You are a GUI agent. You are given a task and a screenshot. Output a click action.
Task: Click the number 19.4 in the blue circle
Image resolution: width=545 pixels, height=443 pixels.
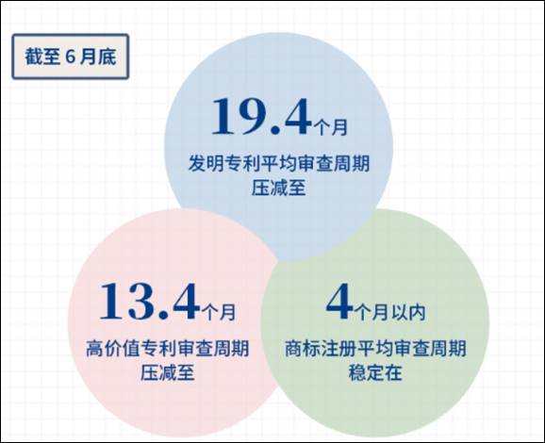click(260, 116)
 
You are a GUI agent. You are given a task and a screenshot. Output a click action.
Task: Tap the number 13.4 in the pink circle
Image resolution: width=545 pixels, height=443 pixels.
click(150, 301)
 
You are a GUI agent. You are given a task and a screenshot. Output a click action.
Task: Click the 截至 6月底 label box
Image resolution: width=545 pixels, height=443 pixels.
click(71, 57)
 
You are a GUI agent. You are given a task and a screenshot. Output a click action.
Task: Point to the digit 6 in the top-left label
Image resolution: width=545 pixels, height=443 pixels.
click(70, 57)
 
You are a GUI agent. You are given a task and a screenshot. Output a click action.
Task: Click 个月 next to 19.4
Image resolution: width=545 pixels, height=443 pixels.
click(330, 127)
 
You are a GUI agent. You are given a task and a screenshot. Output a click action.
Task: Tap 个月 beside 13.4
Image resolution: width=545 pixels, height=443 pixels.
click(219, 312)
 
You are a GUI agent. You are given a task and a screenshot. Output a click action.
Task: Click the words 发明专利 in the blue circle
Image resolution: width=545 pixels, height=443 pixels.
click(223, 163)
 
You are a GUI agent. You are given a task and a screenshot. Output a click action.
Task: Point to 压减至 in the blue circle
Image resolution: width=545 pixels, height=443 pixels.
click(279, 188)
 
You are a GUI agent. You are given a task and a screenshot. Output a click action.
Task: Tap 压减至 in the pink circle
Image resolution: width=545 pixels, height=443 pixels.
click(168, 373)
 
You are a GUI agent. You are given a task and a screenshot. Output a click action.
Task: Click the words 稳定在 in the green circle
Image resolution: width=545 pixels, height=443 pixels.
click(375, 373)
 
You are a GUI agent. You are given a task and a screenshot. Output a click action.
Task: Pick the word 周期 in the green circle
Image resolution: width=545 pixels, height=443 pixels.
click(448, 348)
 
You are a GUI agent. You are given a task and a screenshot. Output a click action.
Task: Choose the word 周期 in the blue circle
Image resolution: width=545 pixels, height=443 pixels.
click(352, 163)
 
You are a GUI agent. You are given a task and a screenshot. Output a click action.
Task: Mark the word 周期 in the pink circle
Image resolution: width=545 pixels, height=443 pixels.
click(231, 348)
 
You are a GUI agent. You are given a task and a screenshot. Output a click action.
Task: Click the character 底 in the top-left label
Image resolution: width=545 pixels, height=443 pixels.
click(107, 57)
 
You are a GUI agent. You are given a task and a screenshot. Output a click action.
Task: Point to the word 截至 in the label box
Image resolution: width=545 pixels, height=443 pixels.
click(42, 57)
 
